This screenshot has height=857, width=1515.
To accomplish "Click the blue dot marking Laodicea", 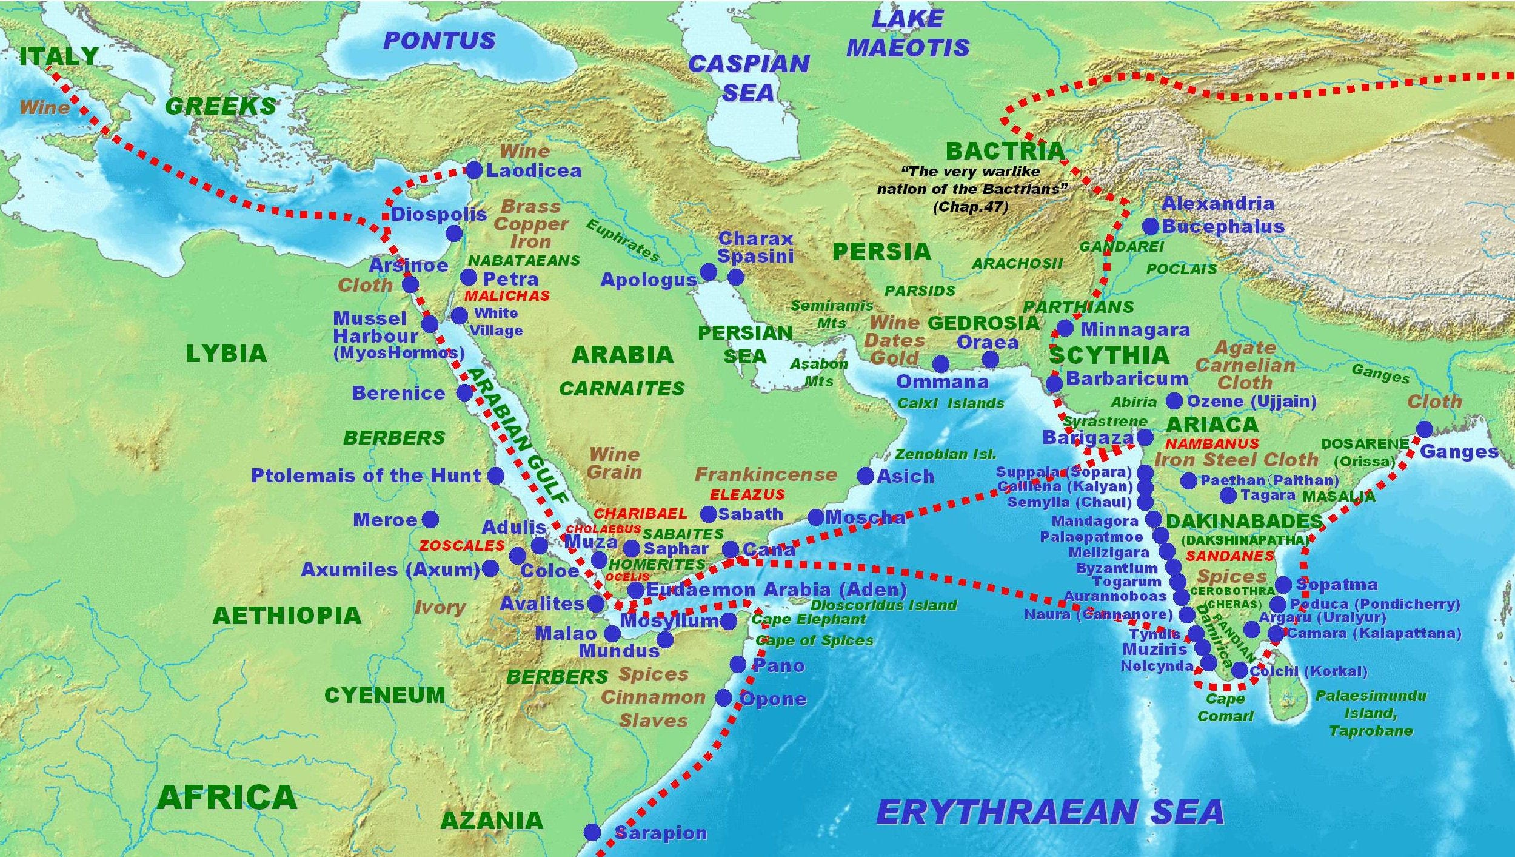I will coord(473,170).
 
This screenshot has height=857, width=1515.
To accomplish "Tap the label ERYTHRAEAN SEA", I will coord(1049,812).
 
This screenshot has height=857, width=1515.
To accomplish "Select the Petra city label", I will coord(510,279).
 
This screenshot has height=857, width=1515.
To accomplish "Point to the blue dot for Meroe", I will coord(430,519).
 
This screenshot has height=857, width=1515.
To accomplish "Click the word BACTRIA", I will coord(1005,151).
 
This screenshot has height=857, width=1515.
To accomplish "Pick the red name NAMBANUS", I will coord(1211,443).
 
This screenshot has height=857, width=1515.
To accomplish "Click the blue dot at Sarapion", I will coord(592,832).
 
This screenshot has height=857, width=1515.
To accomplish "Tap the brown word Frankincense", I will coord(765,474).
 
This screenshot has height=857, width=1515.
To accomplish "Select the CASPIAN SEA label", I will coord(748,78).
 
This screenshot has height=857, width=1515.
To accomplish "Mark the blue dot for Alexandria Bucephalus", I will coord(1150,226).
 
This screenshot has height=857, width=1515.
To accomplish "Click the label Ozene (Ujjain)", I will coord(1251,401).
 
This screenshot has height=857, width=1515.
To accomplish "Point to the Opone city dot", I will coord(723,697).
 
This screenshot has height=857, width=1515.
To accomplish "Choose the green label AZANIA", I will coord(491,820).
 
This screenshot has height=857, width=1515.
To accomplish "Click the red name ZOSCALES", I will coord(461,545).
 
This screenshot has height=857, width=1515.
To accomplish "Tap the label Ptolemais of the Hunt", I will coord(366,476).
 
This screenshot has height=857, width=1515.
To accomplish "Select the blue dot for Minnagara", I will coord(1065,329).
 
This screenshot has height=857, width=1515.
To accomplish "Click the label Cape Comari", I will coord(1225,707).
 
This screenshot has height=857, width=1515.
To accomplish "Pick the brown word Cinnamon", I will coord(652,697).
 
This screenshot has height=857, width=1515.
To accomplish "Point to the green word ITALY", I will coord(58,56).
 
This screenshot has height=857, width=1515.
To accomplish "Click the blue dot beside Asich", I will coord(865,476).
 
